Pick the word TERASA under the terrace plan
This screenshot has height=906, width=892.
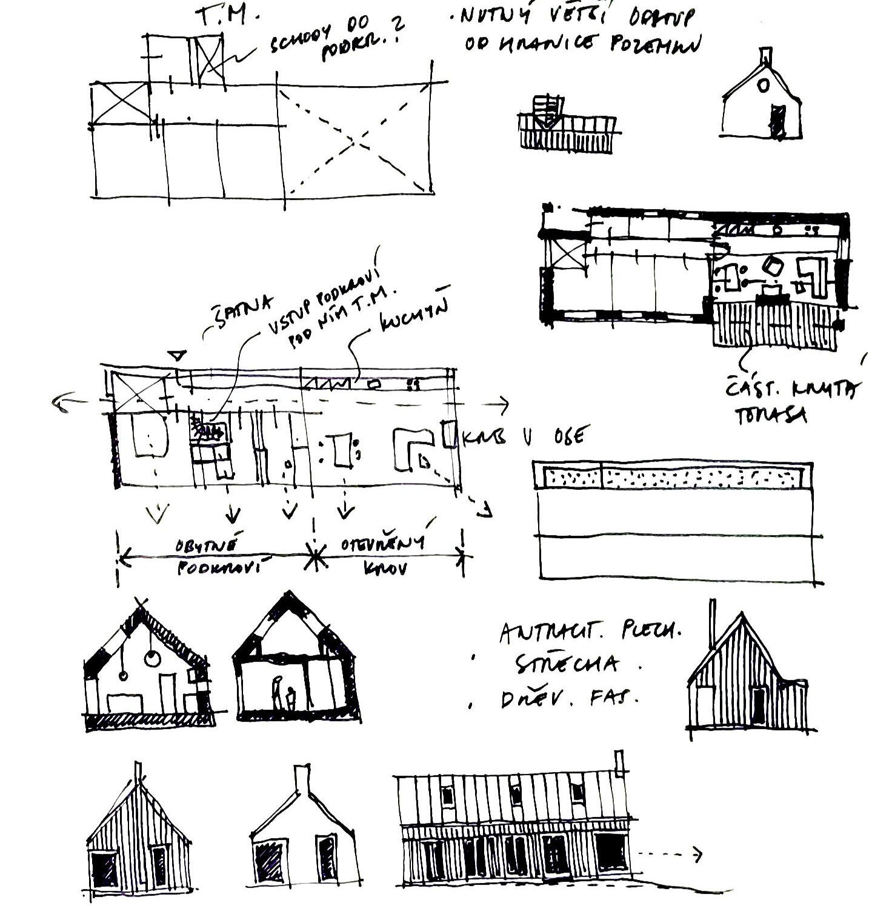(x=770, y=415)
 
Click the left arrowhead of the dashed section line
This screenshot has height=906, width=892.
(x=61, y=401)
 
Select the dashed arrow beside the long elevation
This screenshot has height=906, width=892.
(x=670, y=854)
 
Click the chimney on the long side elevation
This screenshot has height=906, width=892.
(x=619, y=763)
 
